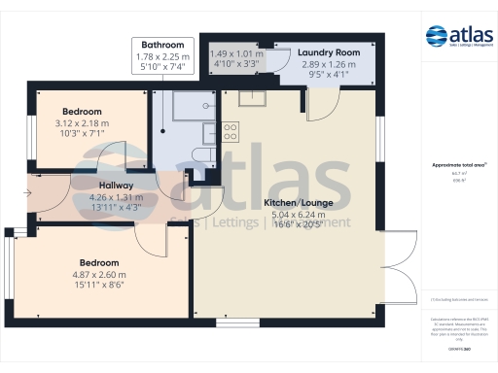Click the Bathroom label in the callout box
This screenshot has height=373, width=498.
161,45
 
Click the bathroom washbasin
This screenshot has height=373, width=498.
209,132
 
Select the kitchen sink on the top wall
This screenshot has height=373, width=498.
253,96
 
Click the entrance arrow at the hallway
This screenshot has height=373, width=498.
26,193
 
